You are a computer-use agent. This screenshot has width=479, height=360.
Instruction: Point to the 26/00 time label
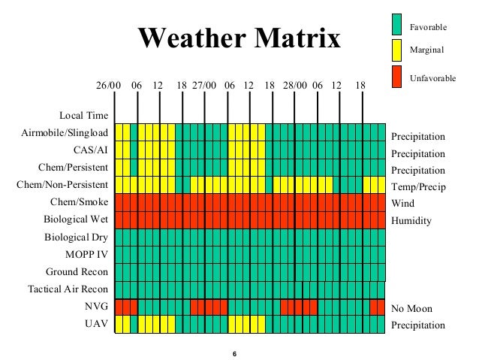(x=107, y=85)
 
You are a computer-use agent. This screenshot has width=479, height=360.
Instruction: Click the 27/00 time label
(x=204, y=85)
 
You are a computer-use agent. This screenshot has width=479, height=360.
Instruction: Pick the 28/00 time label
(x=295, y=85)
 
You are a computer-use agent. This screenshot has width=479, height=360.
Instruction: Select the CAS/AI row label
(x=90, y=150)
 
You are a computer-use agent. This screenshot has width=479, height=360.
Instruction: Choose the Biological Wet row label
(x=75, y=219)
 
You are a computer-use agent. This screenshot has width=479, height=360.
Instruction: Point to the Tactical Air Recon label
(x=68, y=289)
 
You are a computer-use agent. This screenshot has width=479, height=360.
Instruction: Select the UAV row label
(x=98, y=325)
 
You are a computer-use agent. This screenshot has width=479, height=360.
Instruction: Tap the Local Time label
(x=83, y=116)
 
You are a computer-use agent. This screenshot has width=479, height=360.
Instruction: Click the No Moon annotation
(x=411, y=308)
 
